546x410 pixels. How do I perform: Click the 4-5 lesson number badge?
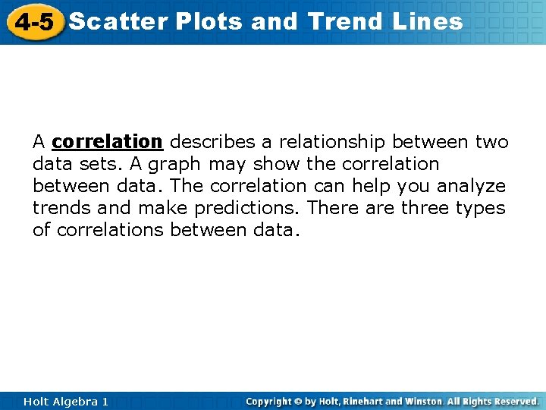tap(33, 21)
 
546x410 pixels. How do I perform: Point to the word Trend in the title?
tap(347, 21)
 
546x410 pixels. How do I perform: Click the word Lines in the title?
tap(428, 21)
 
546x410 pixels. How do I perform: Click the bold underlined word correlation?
tap(107, 142)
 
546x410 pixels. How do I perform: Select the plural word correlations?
tap(109, 230)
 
